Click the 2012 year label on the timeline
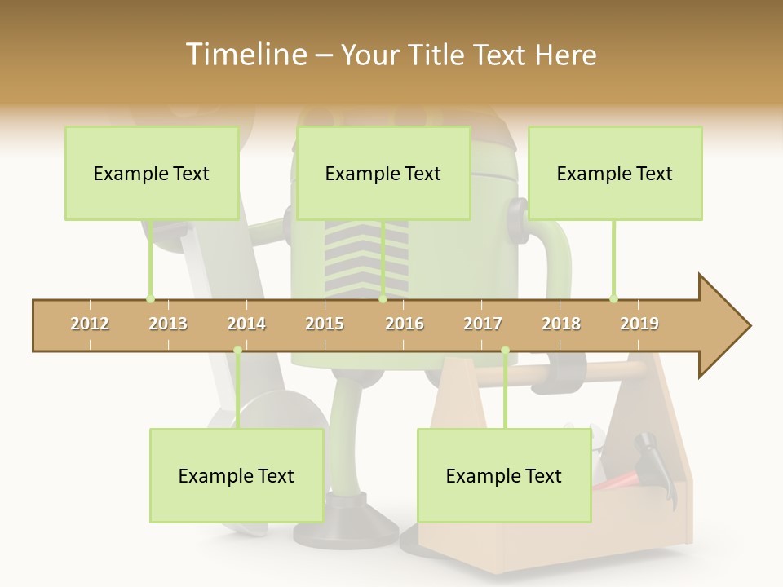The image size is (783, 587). click(x=90, y=324)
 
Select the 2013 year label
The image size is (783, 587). click(x=168, y=324)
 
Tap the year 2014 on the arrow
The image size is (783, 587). click(x=246, y=324)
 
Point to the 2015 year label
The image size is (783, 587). click(x=325, y=324)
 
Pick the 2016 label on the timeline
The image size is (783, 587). click(x=405, y=324)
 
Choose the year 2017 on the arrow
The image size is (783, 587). click(x=483, y=324)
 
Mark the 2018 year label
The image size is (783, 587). click(x=561, y=324)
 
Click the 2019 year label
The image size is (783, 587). click(x=639, y=324)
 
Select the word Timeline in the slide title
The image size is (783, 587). click(x=245, y=55)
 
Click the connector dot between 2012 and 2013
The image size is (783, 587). click(x=150, y=298)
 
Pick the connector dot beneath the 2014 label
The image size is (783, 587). click(x=237, y=351)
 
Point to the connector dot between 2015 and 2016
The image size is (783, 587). click(x=383, y=298)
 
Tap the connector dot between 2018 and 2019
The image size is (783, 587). click(x=613, y=298)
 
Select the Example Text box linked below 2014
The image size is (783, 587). click(x=237, y=475)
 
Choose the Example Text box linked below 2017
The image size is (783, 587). click(x=504, y=475)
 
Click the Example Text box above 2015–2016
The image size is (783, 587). click(x=383, y=173)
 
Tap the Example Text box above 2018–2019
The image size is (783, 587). click(x=615, y=173)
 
